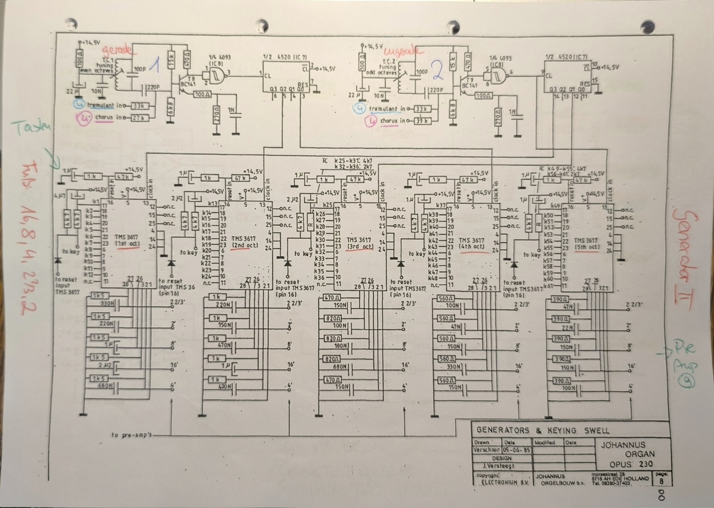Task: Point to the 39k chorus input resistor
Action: click(x=422, y=121)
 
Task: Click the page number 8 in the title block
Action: click(x=661, y=481)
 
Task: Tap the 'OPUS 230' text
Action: click(x=631, y=464)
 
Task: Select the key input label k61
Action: click(x=549, y=286)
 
